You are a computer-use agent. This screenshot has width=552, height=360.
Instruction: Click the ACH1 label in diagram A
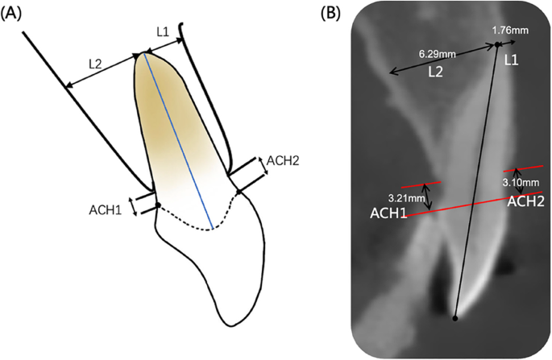[x=106, y=210]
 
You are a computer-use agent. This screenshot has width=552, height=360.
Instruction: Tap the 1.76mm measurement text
[x=511, y=31]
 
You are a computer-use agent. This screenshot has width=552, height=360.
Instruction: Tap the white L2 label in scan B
[x=436, y=72]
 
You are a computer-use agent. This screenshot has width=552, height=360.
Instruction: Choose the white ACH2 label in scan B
[x=525, y=202]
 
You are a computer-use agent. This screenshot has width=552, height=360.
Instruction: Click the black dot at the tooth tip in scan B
[x=456, y=318]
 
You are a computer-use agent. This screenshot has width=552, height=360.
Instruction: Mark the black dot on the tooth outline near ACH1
[x=158, y=205]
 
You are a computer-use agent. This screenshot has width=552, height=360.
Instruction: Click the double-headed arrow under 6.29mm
[x=442, y=60]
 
